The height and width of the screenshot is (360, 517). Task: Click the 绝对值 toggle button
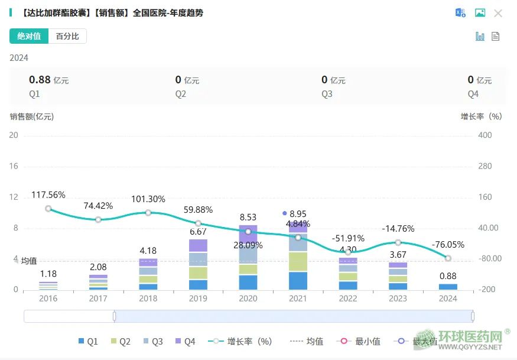29,36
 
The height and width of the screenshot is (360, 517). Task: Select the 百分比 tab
67,36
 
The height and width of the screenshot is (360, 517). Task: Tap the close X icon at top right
498,13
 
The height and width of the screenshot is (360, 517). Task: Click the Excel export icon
460,13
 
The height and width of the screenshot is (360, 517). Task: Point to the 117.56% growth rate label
48,195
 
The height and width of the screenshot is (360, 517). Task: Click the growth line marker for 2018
148,213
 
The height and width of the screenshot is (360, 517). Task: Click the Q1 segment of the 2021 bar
298,281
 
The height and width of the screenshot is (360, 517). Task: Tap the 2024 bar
448,287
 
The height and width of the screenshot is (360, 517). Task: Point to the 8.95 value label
298,214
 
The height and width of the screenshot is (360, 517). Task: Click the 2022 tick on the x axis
348,299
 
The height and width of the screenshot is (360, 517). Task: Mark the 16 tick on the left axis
14,166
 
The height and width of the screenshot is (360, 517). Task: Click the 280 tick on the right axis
485,166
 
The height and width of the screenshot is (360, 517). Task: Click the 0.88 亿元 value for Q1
48,80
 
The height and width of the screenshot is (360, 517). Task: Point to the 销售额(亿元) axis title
32,116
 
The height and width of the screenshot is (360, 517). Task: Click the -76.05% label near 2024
448,245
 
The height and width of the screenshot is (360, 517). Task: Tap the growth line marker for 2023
398,242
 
